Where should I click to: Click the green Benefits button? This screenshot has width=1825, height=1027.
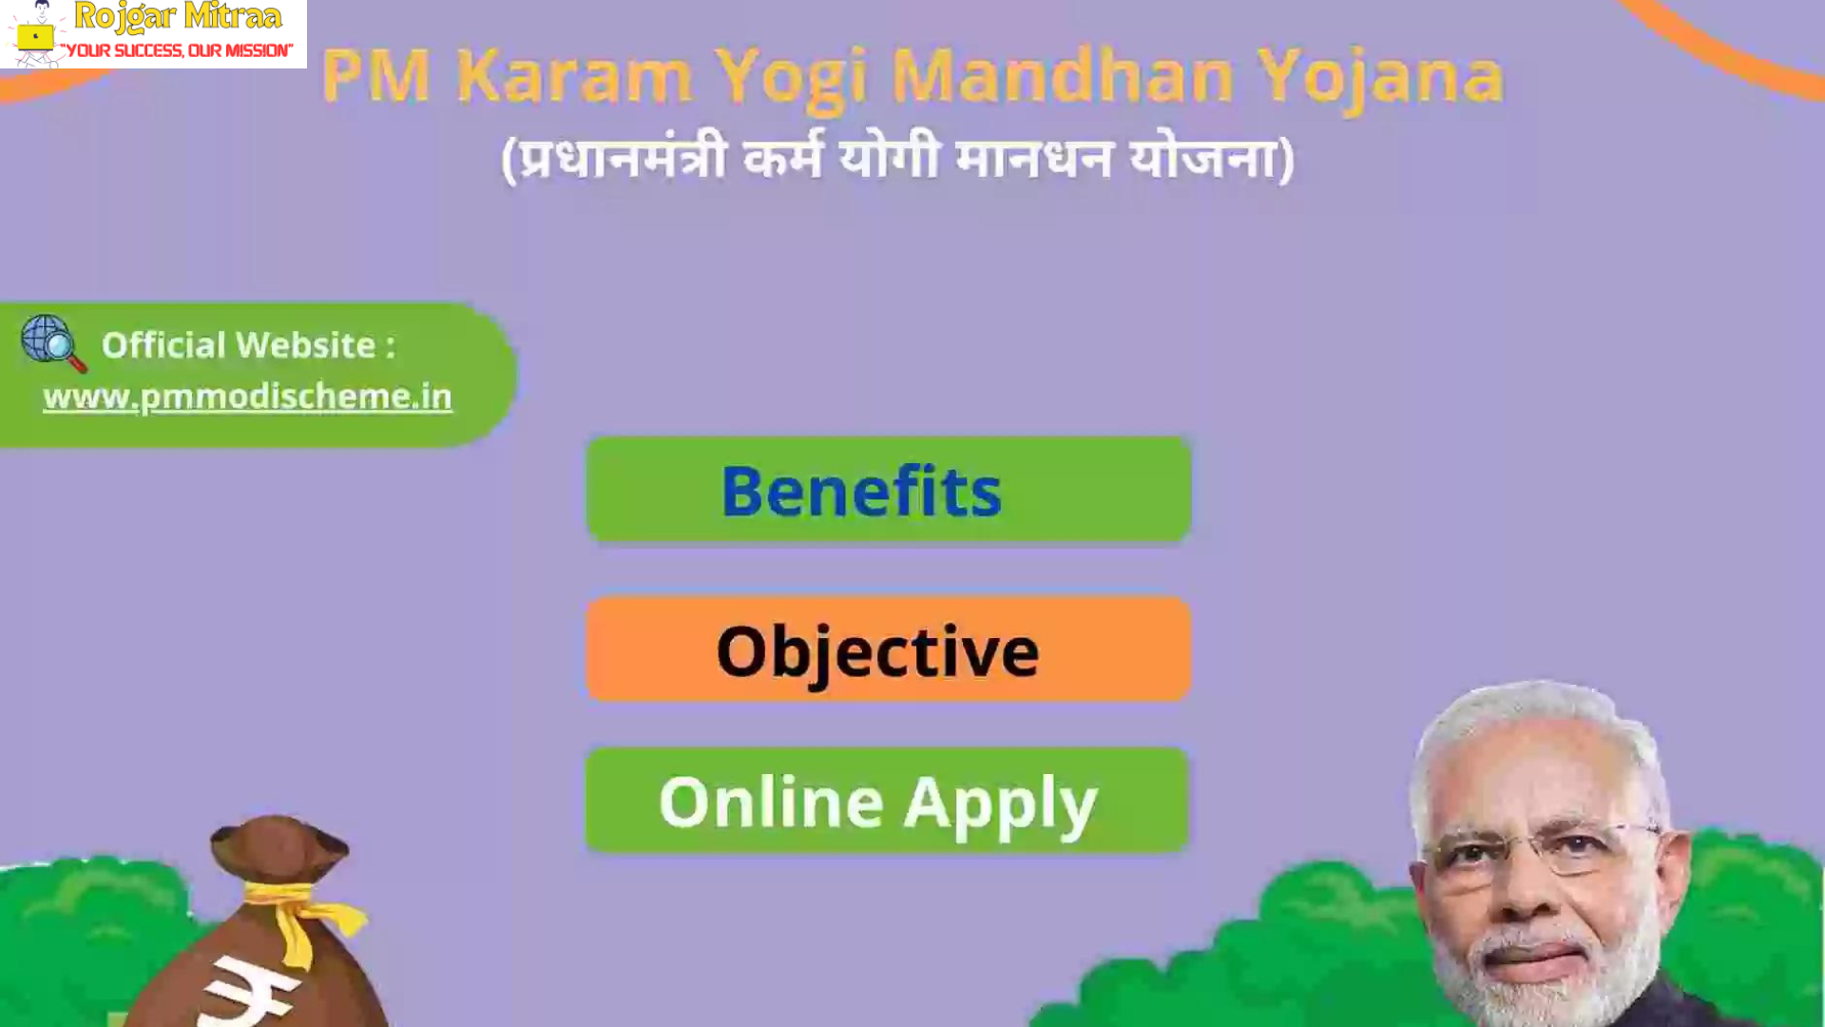pyautogui.click(x=889, y=490)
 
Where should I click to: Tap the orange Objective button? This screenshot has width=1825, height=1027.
pyautogui.click(x=889, y=649)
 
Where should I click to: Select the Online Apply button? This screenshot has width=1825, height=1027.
pyautogui.click(x=887, y=800)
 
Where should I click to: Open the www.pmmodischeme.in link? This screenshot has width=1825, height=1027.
pyautogui.click(x=247, y=397)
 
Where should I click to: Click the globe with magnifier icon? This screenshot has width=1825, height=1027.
pyautogui.click(x=53, y=343)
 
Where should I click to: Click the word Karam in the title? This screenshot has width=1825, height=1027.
pyautogui.click(x=574, y=76)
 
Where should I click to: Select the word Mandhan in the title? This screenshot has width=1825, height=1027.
pyautogui.click(x=1062, y=76)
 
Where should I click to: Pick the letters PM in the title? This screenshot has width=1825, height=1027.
pyautogui.click(x=376, y=76)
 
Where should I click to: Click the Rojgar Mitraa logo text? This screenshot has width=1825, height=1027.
pyautogui.click(x=178, y=16)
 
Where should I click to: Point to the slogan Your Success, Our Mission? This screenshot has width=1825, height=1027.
pyautogui.click(x=177, y=50)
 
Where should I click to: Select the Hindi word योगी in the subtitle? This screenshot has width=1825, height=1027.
pyautogui.click(x=890, y=158)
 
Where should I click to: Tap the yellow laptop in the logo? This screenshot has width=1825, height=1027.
pyautogui.click(x=35, y=37)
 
